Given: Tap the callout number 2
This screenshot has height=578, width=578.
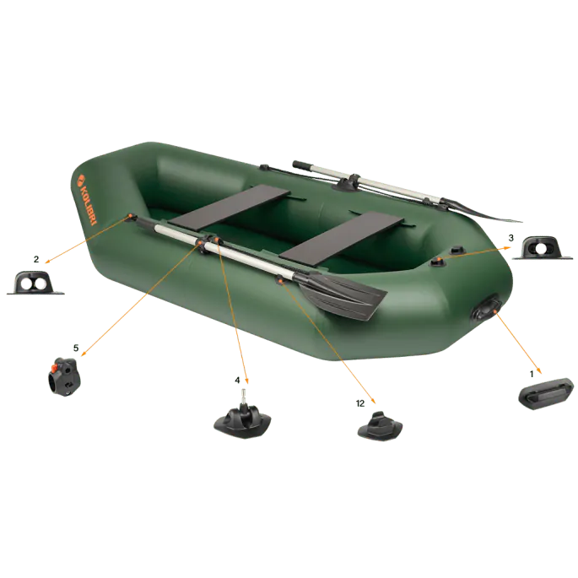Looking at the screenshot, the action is tap(36, 260).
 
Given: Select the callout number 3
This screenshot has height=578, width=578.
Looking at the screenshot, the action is tap(510, 238).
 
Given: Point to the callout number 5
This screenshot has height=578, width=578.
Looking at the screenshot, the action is tap(76, 348).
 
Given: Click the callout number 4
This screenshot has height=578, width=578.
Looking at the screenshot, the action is tap(237, 380).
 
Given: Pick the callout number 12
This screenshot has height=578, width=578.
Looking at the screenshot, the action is tap(360, 403).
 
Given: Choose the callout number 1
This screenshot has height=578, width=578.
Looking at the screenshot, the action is tap(532, 374).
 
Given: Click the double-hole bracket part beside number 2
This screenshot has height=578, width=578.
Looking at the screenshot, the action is tap(35, 283).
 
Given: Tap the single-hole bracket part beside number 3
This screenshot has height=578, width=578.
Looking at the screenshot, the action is tap(543, 248).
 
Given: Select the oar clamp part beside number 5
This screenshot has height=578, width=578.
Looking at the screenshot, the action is tap(64, 376).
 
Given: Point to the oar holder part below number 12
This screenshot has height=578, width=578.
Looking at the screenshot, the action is tap(380, 426).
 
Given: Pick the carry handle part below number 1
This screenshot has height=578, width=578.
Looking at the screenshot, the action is tap(546, 394).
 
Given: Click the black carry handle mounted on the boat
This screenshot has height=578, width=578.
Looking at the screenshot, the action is tap(487, 309).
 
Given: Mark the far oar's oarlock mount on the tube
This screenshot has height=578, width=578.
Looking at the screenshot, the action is tap(346, 183).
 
